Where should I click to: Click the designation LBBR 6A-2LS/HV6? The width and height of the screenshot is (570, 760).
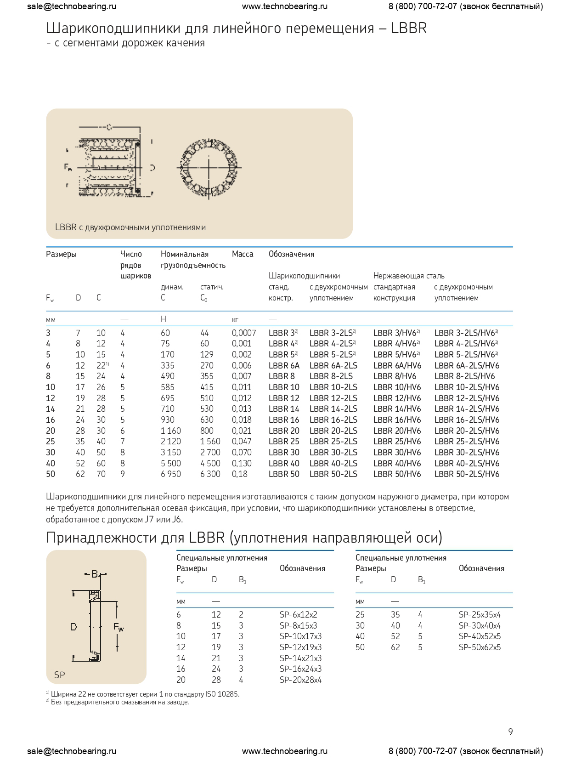pyautogui.click(x=467, y=366)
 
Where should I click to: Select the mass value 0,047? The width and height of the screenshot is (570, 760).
pyautogui.click(x=242, y=442)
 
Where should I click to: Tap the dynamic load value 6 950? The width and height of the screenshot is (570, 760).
pyautogui.click(x=171, y=474)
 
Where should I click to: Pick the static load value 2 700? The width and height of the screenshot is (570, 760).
pyautogui.click(x=210, y=453)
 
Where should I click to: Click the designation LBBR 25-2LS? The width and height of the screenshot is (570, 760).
pyautogui.click(x=333, y=442)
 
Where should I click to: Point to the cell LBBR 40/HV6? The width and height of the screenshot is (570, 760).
pyautogui.click(x=397, y=463)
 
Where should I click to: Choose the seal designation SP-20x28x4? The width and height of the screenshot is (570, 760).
pyautogui.click(x=300, y=680)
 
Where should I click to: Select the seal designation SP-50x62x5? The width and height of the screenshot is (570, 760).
pyautogui.click(x=480, y=647)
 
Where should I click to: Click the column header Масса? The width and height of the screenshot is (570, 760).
pyautogui.click(x=243, y=254)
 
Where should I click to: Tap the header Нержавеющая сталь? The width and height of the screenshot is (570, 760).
pyautogui.click(x=409, y=276)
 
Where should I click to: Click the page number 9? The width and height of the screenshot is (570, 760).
pyautogui.click(x=510, y=732)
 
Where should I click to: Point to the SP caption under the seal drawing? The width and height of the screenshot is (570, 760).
pyautogui.click(x=60, y=675)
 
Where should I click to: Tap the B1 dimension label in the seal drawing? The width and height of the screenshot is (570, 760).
pyautogui.click(x=95, y=574)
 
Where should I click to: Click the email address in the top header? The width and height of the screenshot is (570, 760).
pyautogui.click(x=72, y=6)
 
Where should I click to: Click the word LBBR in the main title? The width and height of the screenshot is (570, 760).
pyautogui.click(x=409, y=28)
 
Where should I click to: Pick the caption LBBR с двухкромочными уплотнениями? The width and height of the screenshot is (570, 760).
pyautogui.click(x=130, y=227)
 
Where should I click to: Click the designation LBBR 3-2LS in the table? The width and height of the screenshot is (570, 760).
pyautogui.click(x=331, y=333)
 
